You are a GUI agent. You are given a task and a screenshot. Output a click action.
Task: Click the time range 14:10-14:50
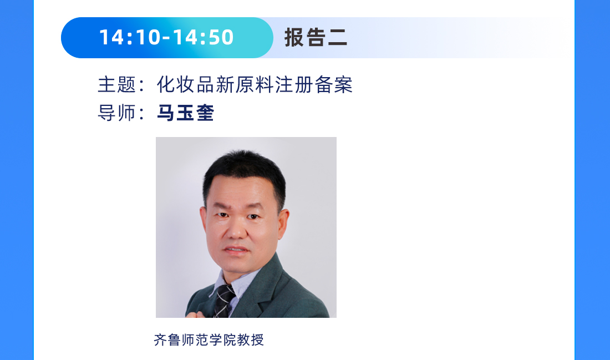pos(166,38)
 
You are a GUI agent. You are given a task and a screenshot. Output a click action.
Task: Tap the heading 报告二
pos(316,38)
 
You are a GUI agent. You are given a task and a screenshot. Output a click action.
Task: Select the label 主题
pos(117,85)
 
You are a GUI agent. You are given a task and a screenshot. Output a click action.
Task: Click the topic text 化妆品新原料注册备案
pos(255,85)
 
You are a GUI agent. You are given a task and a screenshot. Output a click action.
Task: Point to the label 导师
pos(117,113)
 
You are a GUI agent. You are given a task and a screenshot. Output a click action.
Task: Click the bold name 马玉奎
pos(185,113)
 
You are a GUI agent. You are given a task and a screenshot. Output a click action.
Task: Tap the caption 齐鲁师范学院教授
pos(209,339)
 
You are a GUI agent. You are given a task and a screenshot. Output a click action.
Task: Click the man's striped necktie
pos(225,300)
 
